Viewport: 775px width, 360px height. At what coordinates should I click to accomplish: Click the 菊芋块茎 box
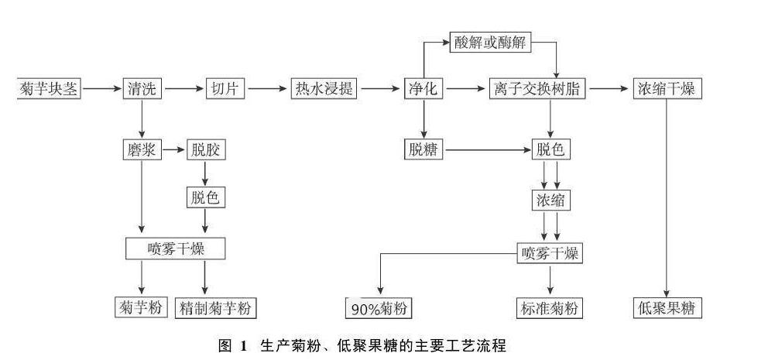pos(48,89)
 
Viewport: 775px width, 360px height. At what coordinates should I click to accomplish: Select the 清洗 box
pos(142,89)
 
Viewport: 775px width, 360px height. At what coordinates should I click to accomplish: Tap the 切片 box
pos(225,89)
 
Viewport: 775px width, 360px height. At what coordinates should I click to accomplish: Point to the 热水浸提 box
pos(324,89)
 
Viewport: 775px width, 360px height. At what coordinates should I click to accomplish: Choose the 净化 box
pos(423,89)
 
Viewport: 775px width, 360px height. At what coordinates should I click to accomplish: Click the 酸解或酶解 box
pos(490,43)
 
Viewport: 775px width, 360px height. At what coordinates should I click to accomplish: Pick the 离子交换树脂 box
pos(538,89)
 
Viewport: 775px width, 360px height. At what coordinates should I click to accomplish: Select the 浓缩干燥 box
pos(667,89)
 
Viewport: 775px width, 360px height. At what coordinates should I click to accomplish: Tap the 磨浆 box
pos(142,149)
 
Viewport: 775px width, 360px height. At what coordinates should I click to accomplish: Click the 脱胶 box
pos(206,149)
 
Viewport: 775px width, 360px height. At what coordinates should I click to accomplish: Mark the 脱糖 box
pos(423,149)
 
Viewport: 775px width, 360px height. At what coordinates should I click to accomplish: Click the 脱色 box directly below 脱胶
pos(206,197)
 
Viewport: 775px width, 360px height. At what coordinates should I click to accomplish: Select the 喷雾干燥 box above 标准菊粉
pos(550,254)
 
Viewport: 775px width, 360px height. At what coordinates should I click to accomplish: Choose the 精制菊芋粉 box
pos(216,308)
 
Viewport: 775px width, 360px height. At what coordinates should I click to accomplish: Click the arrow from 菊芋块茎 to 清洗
pos(101,89)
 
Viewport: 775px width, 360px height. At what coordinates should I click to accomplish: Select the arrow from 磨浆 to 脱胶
pos(174,149)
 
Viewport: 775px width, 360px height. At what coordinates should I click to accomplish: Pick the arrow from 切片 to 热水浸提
pos(268,89)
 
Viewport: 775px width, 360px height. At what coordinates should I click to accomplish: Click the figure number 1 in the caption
pos(242,345)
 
